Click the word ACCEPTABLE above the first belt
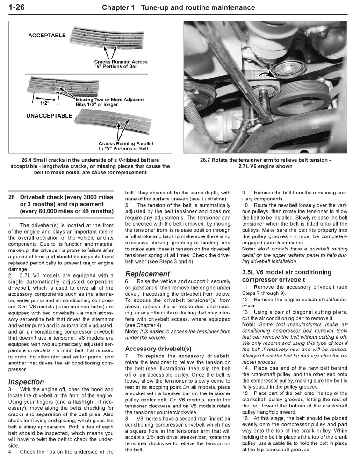[47, 36]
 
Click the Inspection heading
[26, 382]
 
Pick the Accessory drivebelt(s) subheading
[158, 349]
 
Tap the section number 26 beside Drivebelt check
[12, 198]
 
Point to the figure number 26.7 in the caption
[205, 160]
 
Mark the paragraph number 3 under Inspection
[10, 389]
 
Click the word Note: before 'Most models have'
[249, 249]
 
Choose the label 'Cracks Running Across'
[121, 62]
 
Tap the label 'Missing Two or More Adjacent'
[110, 100]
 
